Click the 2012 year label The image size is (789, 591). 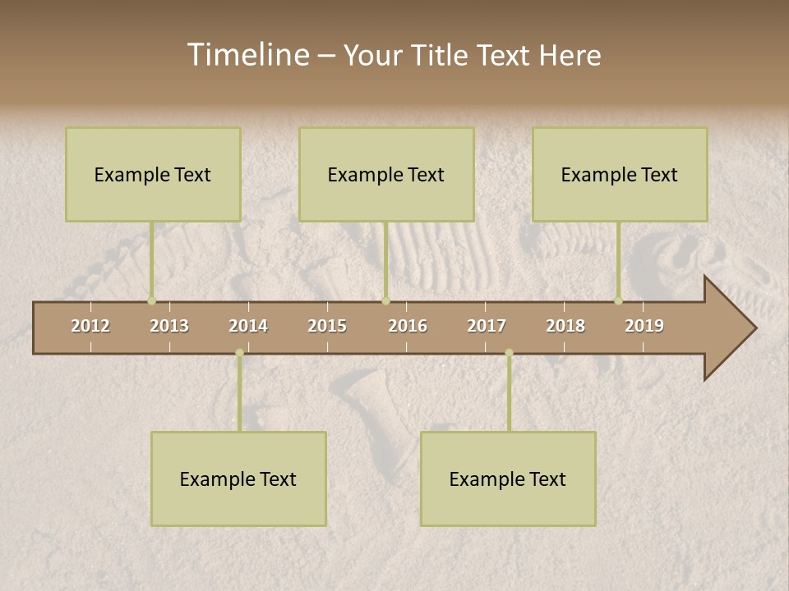point(90,326)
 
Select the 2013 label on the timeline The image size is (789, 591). point(169,326)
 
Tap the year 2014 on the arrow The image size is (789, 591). point(248,326)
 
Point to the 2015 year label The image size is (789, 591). point(327,326)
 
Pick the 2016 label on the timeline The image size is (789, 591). point(408,326)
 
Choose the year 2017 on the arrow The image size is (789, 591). point(487,326)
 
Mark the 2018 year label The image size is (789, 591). point(565,326)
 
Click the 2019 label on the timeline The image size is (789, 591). point(644,326)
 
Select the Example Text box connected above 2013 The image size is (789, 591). point(153,174)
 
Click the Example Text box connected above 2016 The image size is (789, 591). point(386,174)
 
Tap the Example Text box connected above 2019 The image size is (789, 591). point(620,174)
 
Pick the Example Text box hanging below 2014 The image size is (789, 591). point(238,479)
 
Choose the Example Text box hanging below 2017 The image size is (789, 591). point(508,479)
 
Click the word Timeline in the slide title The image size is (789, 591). point(247,55)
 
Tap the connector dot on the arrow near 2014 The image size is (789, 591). point(239,353)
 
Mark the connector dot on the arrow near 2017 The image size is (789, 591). point(509,353)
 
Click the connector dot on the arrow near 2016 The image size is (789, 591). point(385,301)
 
